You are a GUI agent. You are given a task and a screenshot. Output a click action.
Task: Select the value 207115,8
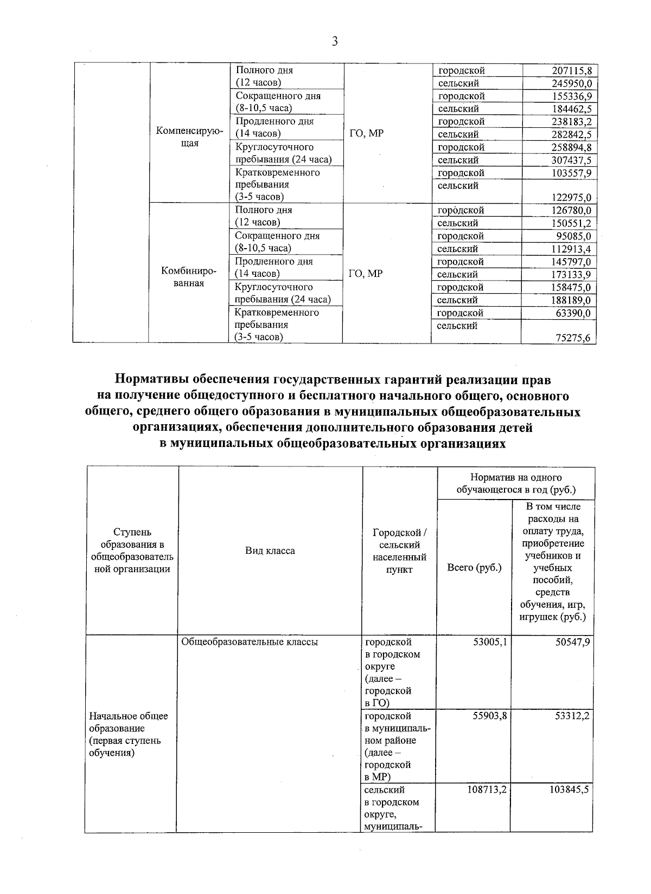tap(571, 70)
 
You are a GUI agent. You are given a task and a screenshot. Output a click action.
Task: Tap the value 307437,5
tap(571, 160)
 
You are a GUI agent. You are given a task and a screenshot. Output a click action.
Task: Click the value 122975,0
tap(571, 197)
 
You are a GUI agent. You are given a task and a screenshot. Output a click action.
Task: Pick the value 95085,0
tap(575, 236)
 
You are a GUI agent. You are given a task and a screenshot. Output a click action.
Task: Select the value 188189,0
tap(571, 300)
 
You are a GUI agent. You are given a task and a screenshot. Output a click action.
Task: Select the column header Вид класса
tap(270, 551)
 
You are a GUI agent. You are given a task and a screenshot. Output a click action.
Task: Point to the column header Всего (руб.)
tap(474, 567)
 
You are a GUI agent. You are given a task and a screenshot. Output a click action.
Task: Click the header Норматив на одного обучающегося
tap(515, 483)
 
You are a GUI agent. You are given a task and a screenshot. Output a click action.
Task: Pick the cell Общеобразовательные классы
tap(250, 642)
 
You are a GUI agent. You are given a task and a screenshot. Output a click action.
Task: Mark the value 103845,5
tap(568, 790)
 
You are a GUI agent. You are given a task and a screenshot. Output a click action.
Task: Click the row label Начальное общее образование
tap(129, 734)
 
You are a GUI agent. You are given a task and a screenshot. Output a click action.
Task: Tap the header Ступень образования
tap(132, 550)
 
